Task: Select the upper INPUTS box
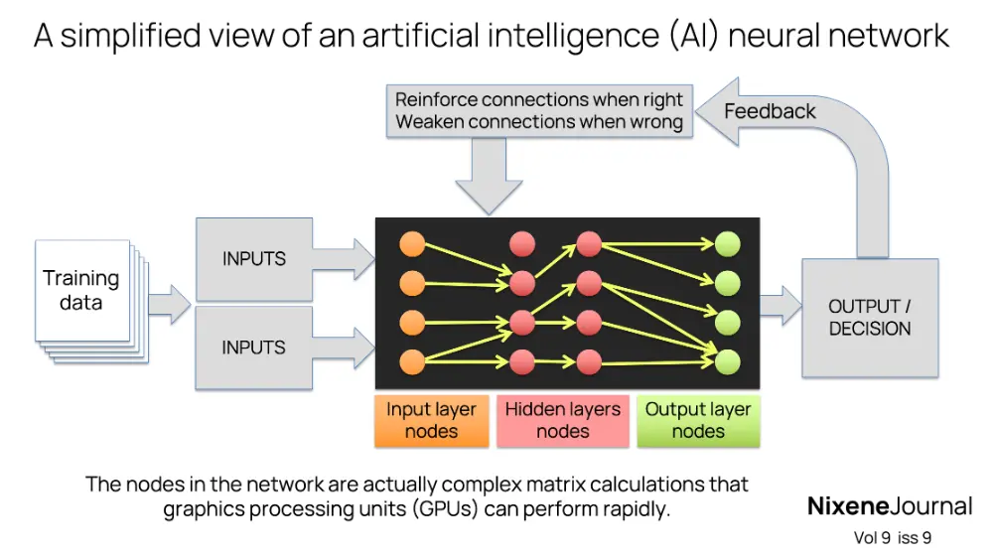253,259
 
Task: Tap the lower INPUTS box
253,348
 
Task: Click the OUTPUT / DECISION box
869,318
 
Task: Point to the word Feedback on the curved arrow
770,111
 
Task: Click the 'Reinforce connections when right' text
539,99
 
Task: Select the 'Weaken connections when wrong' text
539,122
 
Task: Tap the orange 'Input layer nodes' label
431,420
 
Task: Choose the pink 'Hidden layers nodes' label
562,420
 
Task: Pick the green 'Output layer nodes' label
698,420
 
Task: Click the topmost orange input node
412,244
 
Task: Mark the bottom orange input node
412,360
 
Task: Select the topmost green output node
728,244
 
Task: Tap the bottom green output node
728,360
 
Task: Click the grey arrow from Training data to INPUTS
169,304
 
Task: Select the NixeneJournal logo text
889,506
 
